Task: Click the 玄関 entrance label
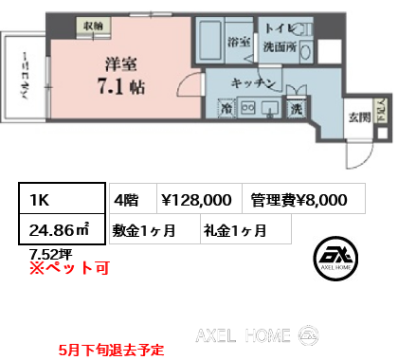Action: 358,117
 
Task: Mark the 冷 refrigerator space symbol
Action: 226,110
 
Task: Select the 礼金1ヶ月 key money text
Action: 233,228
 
